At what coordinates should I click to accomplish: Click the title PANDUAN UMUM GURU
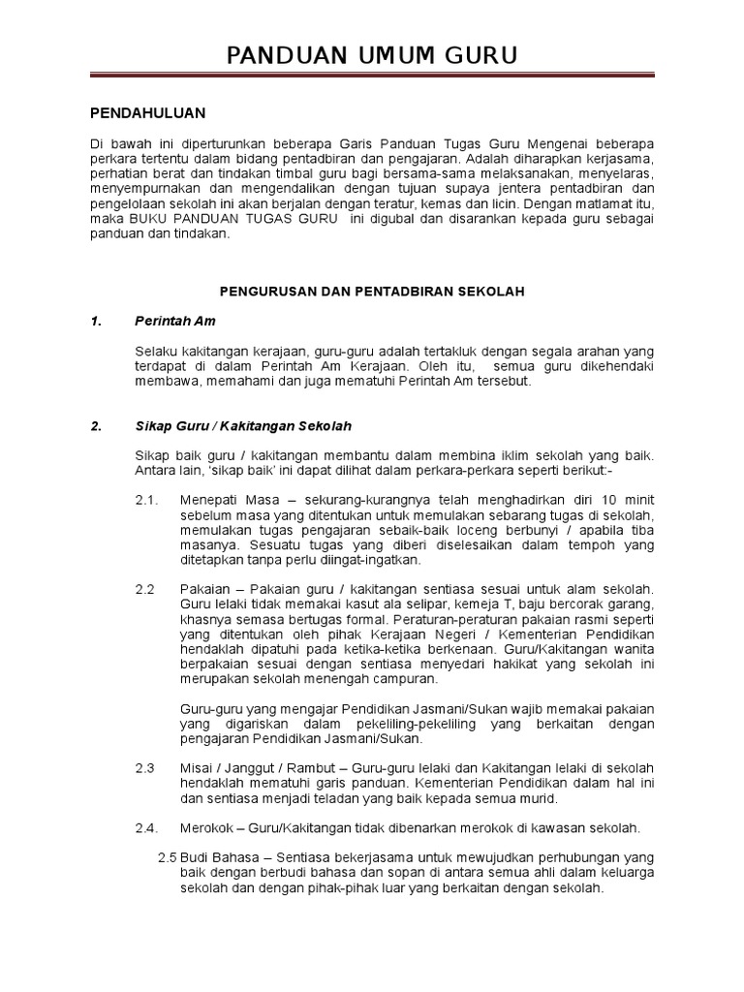coord(372,55)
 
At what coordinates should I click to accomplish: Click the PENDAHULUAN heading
coord(147,113)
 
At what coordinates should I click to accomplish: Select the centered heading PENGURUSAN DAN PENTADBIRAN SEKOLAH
coord(372,292)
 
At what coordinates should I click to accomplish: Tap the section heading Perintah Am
coord(175,321)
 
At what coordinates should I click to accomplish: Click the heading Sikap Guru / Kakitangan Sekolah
coord(243,426)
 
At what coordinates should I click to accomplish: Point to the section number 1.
coord(95,321)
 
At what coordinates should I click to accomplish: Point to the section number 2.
coord(95,426)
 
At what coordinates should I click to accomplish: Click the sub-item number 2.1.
coord(147,499)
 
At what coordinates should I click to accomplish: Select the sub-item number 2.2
coord(145,589)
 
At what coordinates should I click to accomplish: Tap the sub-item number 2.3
coord(145,768)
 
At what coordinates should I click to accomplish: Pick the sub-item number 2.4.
coord(147,828)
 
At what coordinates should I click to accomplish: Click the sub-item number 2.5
coord(167,857)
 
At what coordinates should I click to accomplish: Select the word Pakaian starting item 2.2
coord(204,589)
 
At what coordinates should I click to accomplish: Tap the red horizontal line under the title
coord(372,75)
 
